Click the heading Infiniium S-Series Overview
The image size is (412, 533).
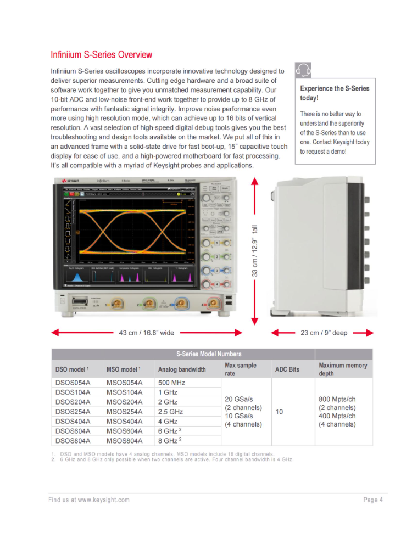tap(102, 55)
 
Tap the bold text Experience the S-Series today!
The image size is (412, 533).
tap(335, 93)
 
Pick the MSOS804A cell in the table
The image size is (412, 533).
tap(124, 441)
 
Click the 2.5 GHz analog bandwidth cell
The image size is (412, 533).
tap(171, 412)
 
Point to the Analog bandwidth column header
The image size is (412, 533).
tap(182, 369)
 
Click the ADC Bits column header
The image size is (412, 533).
tap(287, 369)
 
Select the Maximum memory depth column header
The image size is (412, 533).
tap(343, 369)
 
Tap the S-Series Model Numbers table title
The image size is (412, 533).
tap(208, 354)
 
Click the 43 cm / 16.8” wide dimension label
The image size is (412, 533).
tap(146, 333)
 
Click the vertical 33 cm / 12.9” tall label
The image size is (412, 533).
tap(255, 252)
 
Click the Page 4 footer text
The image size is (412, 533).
tap(372, 500)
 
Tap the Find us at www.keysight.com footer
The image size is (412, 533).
tap(89, 500)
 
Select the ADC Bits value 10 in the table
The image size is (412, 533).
tap(279, 412)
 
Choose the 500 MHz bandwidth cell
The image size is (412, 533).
tap(171, 383)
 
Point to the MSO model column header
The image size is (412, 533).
tap(125, 369)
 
